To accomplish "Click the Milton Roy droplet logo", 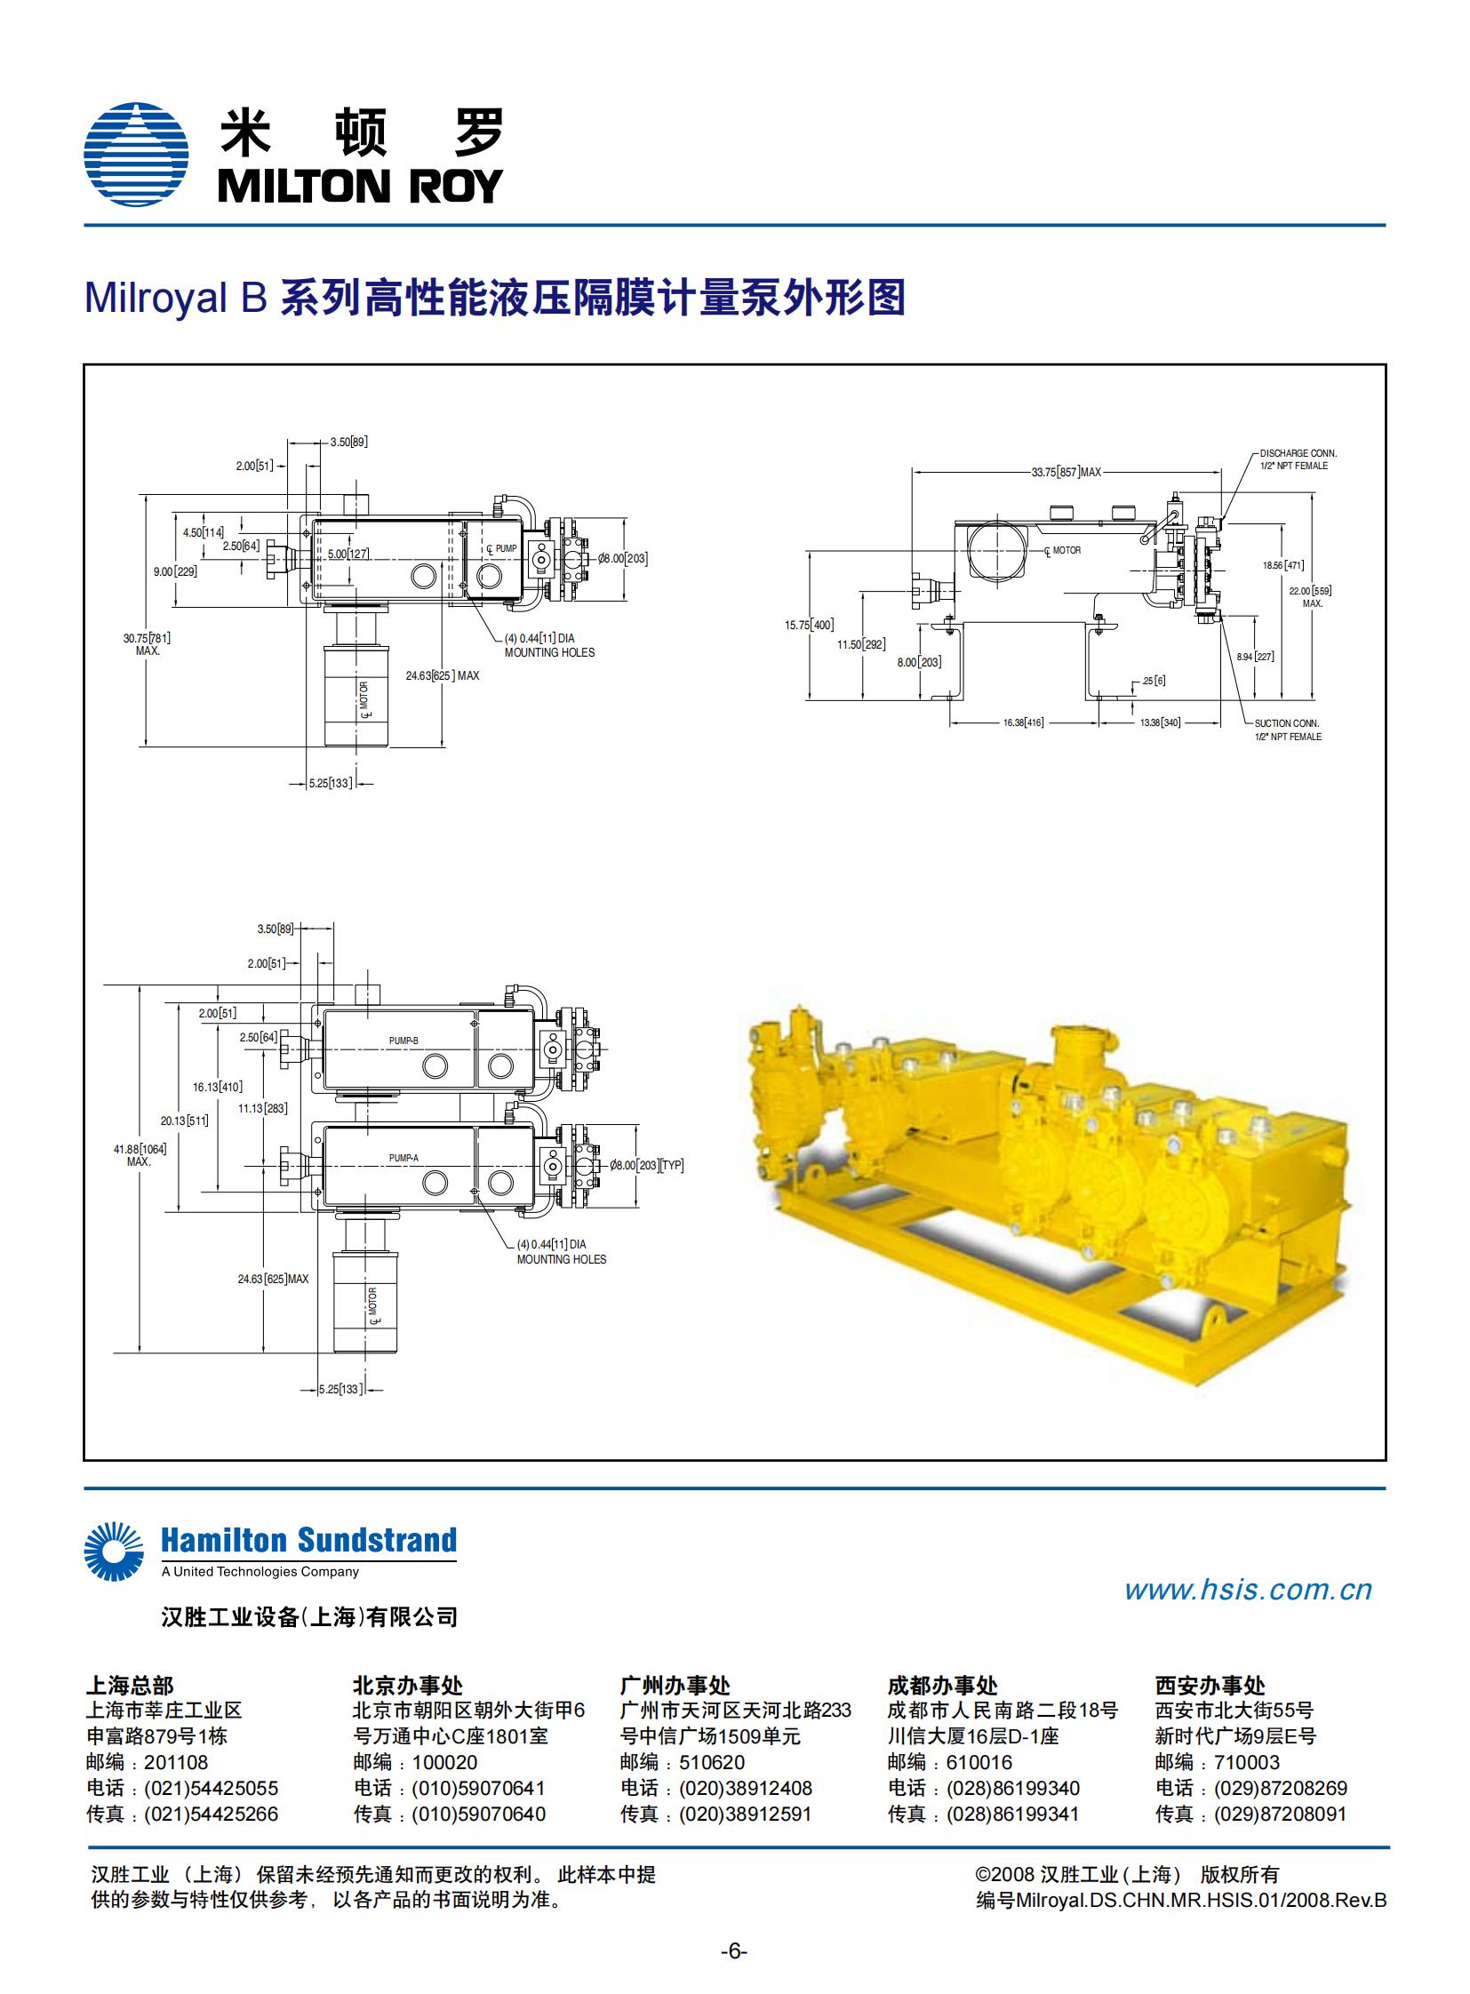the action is click(x=136, y=155).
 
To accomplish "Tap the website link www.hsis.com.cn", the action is click(x=1248, y=1589).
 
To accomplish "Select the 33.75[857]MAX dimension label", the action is click(x=1066, y=473).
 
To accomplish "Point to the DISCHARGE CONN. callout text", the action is click(x=1298, y=454).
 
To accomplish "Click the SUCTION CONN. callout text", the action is click(x=1287, y=723).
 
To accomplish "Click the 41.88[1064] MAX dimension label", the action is click(x=140, y=1155).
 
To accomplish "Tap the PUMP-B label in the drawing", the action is click(x=403, y=1041).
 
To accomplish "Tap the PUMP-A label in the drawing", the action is click(x=403, y=1158).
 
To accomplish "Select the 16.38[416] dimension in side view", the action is click(x=1023, y=722).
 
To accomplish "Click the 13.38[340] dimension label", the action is click(x=1161, y=722).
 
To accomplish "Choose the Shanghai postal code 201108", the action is click(x=176, y=1763).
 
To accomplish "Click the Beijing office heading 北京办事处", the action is click(x=408, y=1685).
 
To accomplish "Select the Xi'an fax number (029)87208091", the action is click(x=1280, y=1815).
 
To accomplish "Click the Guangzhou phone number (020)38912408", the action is click(x=746, y=1789).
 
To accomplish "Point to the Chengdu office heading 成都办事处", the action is click(x=942, y=1685).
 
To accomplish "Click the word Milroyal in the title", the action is click(x=156, y=297).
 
